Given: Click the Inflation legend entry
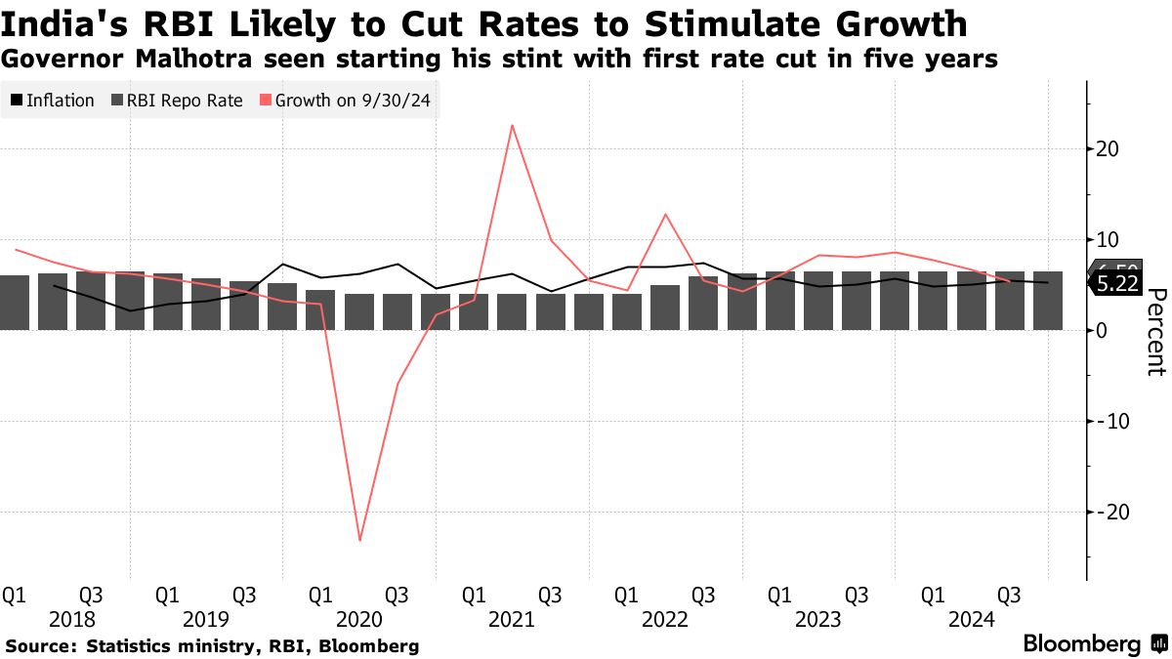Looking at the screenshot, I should point(53,101).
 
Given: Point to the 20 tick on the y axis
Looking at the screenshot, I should point(1107,149).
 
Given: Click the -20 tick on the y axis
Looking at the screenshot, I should point(1110,512).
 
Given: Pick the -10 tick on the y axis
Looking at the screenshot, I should point(1110,421).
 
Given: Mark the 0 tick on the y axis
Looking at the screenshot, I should point(1101,331).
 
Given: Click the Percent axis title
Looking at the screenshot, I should point(1155,332).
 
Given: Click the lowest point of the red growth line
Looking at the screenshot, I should point(359,540).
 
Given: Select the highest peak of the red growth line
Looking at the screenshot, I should point(512,125).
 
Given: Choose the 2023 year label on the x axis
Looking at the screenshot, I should point(817,620).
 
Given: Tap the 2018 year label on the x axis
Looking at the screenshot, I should point(71,620).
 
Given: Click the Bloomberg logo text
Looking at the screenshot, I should point(1081,644).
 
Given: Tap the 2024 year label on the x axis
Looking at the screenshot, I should point(971,620).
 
